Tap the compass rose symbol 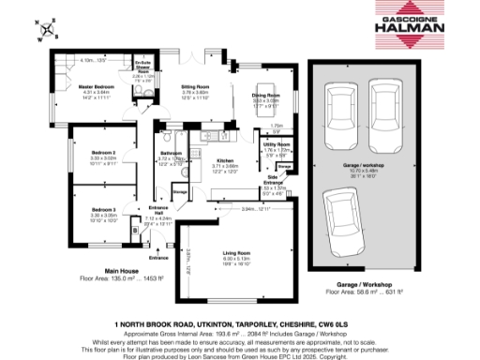[43, 31]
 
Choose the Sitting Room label [195, 88]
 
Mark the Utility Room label [276, 145]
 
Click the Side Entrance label [273, 180]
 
